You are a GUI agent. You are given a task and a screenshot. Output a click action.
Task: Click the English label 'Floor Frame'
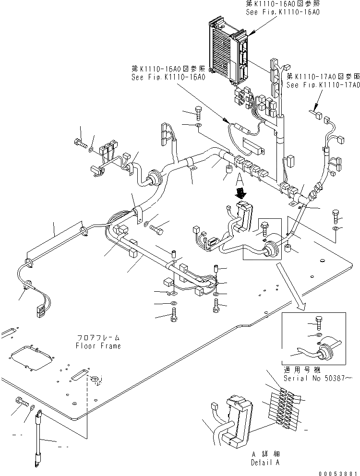click(x=98, y=346)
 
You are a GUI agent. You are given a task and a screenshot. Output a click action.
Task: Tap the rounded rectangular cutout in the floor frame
click(x=28, y=355)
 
